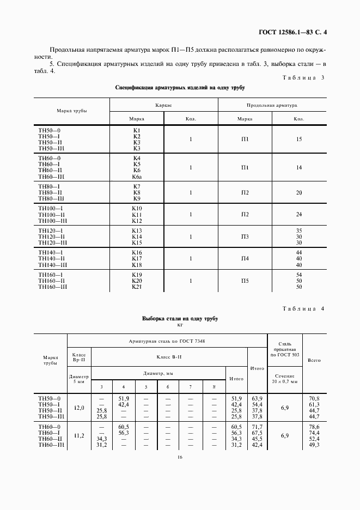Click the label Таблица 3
pyautogui.click(x=303, y=77)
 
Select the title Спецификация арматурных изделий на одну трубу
pyautogui.click(x=180, y=87)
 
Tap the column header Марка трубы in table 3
pyautogui.click(x=72, y=111)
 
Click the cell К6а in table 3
pyautogui.click(x=137, y=177)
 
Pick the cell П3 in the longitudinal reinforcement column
pyautogui.click(x=245, y=237)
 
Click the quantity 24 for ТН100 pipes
pyautogui.click(x=298, y=214)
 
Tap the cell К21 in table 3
pyautogui.click(x=137, y=287)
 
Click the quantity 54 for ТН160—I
pyautogui.click(x=298, y=275)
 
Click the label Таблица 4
pyautogui.click(x=303, y=309)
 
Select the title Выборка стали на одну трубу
pyautogui.click(x=180, y=319)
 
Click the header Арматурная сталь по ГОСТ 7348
pyautogui.click(x=167, y=341)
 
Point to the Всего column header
pyautogui.click(x=314, y=360)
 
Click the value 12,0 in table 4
pyautogui.click(x=79, y=408)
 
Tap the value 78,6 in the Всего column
pyautogui.click(x=314, y=426)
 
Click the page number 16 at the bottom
pyautogui.click(x=180, y=457)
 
